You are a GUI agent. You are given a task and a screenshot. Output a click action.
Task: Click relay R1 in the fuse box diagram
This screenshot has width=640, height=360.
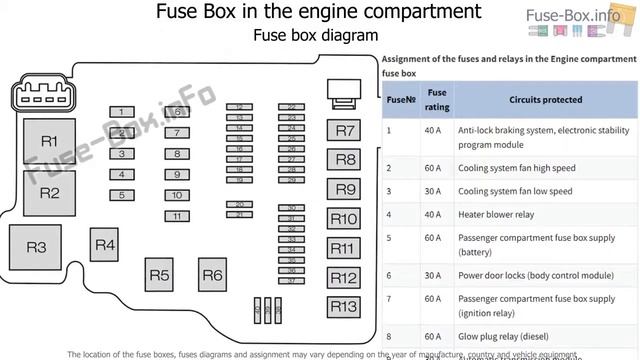point(49,140)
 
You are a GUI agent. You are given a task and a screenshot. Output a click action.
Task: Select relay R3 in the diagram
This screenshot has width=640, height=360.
point(36,246)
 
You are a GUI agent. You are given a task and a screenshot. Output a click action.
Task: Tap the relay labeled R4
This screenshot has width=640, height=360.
point(105,245)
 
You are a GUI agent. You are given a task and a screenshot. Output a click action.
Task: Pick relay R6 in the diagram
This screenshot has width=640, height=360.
point(212,275)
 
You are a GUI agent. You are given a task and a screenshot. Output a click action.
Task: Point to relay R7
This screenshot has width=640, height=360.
point(344,131)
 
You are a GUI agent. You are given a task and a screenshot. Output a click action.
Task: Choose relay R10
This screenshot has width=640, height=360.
point(344,219)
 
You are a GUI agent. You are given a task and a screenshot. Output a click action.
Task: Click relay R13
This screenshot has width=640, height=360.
point(344,307)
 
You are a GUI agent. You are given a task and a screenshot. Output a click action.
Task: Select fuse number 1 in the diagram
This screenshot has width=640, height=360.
point(121,112)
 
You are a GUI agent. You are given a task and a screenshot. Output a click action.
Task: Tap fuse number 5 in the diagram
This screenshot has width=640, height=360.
point(121,195)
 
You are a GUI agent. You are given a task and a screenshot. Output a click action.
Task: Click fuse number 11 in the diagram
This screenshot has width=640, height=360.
point(176,216)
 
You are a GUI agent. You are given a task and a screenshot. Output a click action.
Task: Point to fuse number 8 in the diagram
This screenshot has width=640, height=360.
point(176,154)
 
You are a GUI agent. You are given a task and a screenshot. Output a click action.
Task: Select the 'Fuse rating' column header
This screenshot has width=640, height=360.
point(437,100)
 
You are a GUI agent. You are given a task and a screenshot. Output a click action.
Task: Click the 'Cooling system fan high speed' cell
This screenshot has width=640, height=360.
point(516,167)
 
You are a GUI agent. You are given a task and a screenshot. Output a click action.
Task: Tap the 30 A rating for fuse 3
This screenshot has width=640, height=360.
point(432,191)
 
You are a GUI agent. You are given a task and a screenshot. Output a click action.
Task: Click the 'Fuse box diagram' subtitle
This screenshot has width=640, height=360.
point(315,35)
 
